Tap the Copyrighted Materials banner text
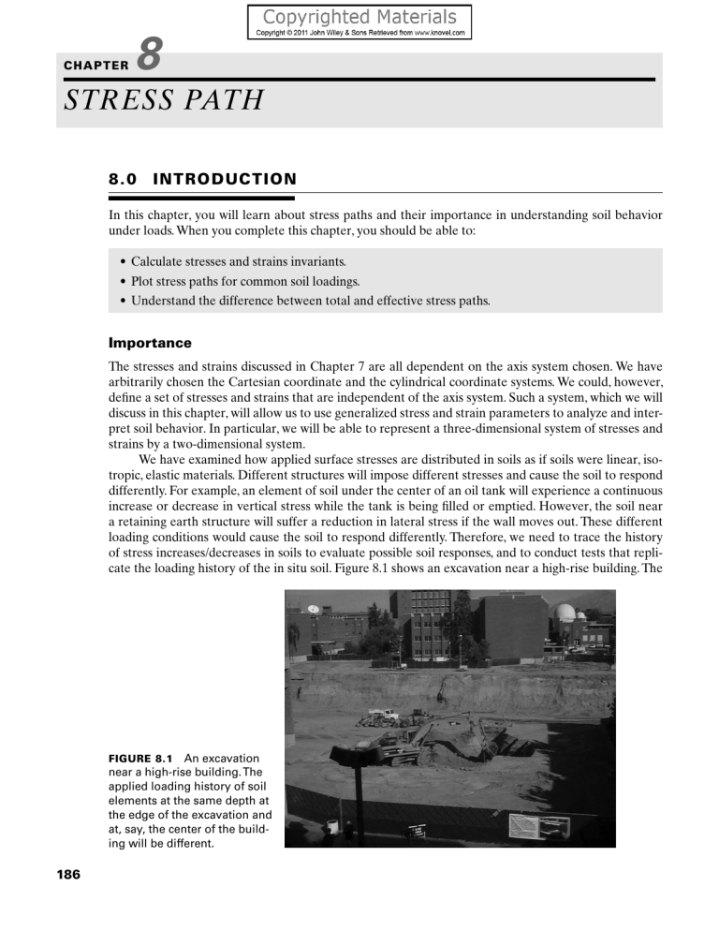[x=359, y=17]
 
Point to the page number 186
[x=67, y=875]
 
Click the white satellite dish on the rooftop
[x=312, y=609]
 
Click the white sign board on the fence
[x=537, y=825]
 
